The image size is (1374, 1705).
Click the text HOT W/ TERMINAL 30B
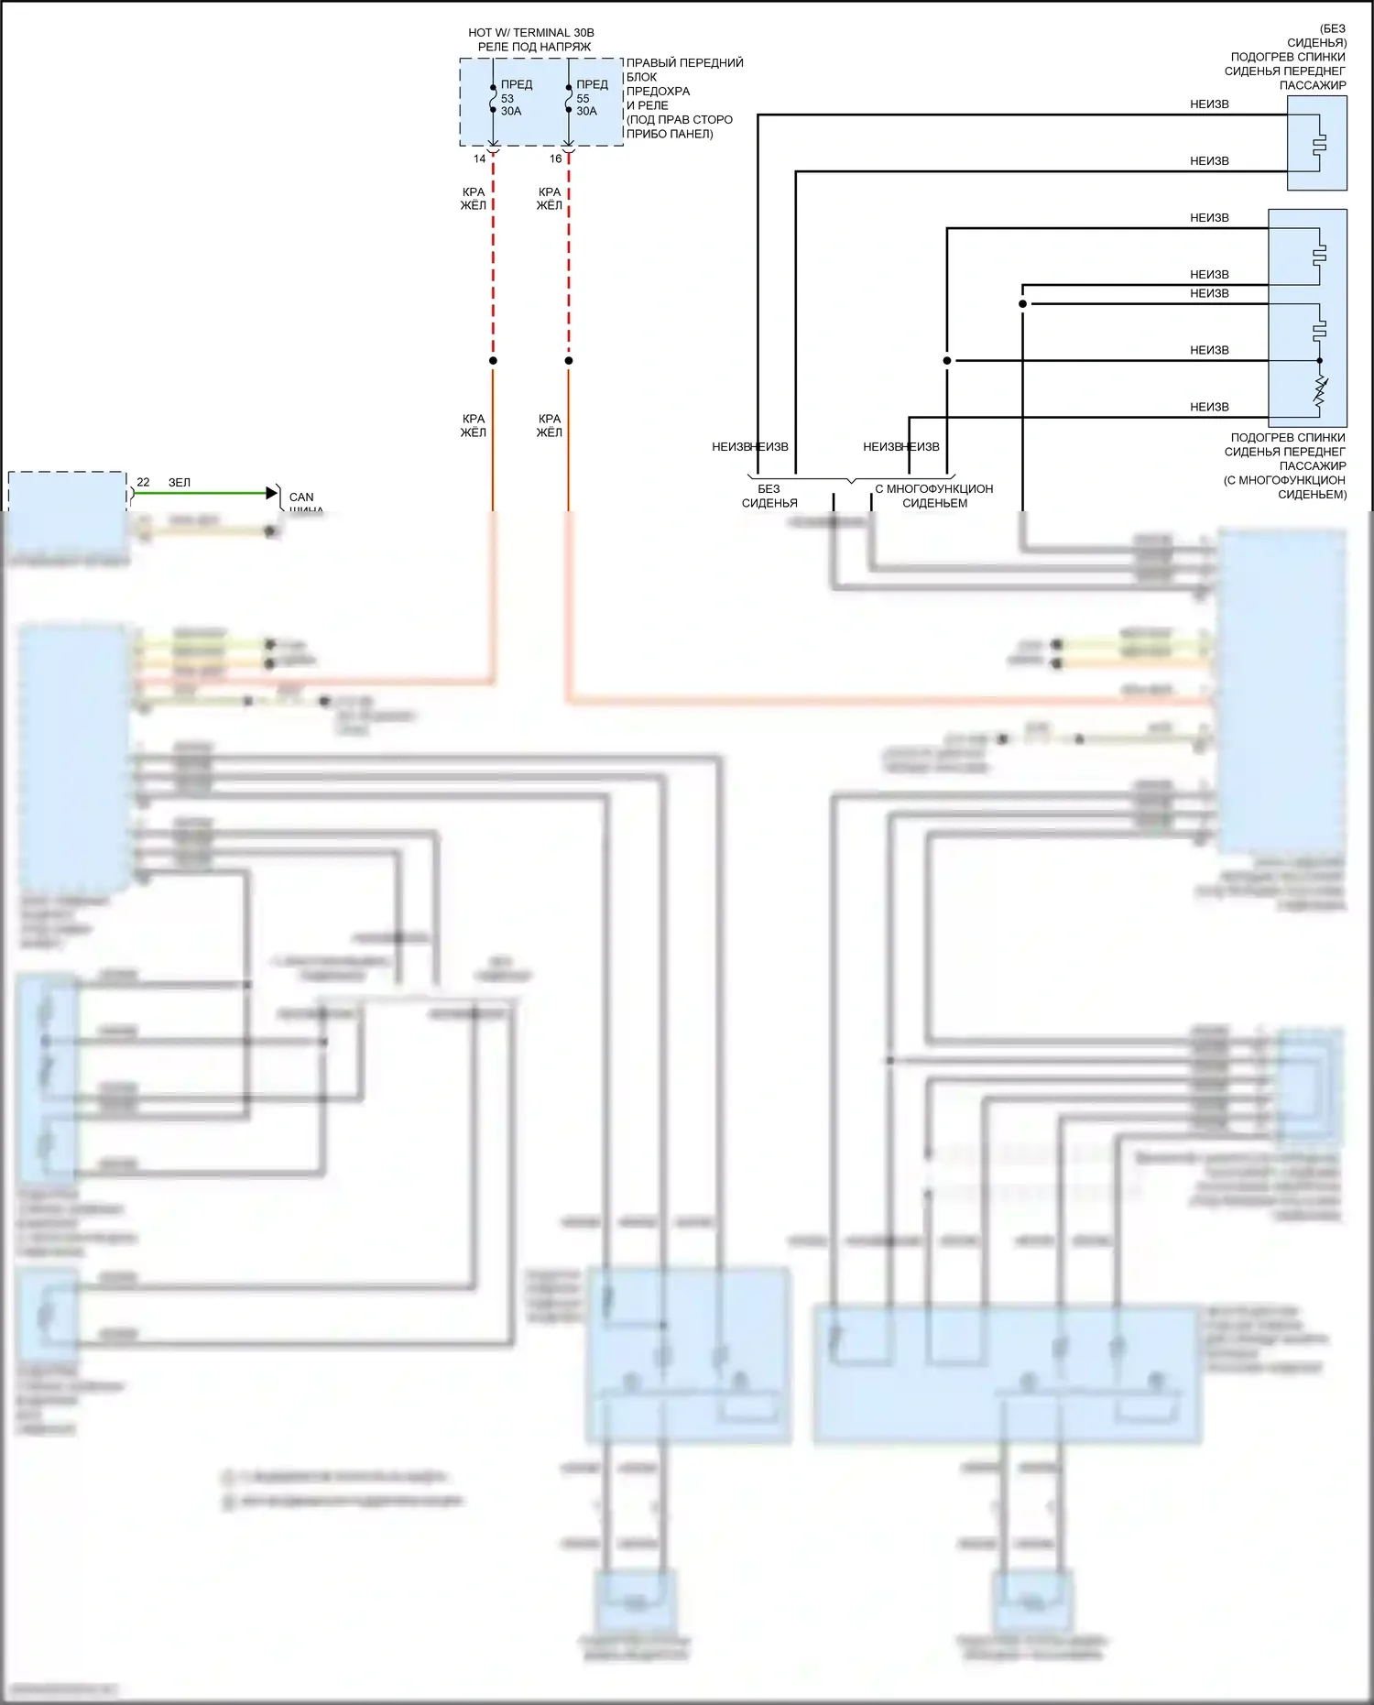(x=530, y=32)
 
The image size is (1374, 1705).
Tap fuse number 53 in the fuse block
(x=507, y=98)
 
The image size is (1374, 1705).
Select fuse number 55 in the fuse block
(x=583, y=98)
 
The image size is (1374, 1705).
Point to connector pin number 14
(x=479, y=158)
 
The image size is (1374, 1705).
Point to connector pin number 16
(x=555, y=158)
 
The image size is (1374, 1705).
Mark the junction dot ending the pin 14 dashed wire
(x=493, y=361)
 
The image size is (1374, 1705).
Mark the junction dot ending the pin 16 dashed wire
(x=569, y=361)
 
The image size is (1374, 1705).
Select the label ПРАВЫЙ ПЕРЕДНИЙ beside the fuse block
(x=684, y=62)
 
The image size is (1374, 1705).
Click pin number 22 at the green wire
(x=143, y=482)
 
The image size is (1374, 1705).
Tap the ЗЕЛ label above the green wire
(x=179, y=482)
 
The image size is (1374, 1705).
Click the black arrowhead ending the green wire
(x=271, y=493)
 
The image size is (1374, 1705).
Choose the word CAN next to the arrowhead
(x=301, y=497)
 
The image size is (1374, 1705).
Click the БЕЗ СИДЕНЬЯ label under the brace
(x=769, y=496)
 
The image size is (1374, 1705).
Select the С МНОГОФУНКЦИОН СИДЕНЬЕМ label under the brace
(x=934, y=496)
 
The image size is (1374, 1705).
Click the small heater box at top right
(x=1316, y=143)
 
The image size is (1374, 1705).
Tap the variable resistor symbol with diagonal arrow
(x=1320, y=391)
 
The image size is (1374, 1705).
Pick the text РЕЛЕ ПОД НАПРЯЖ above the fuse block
(x=534, y=47)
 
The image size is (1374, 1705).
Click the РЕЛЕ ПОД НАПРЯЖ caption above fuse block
(x=534, y=47)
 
